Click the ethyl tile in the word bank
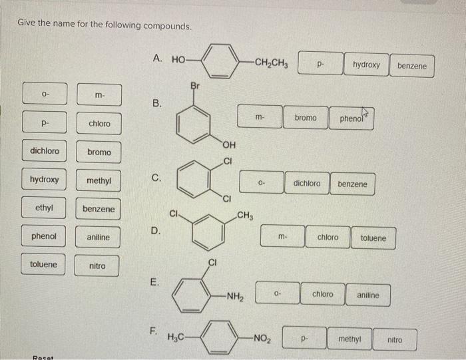pyautogui.click(x=44, y=208)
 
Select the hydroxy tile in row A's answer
pyautogui.click(x=366, y=65)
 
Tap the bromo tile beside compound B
pyautogui.click(x=306, y=118)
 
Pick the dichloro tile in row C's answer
pyautogui.click(x=306, y=184)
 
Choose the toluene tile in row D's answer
pyautogui.click(x=373, y=238)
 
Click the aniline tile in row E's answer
pyautogui.click(x=368, y=295)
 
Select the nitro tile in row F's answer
pyautogui.click(x=395, y=339)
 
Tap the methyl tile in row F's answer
pyautogui.click(x=349, y=339)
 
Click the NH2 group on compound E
pyautogui.click(x=233, y=297)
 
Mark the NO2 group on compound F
pyautogui.click(x=261, y=340)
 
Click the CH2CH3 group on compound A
pyautogui.click(x=266, y=65)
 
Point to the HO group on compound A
pyautogui.click(x=178, y=59)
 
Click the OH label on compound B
pyautogui.click(x=229, y=147)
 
